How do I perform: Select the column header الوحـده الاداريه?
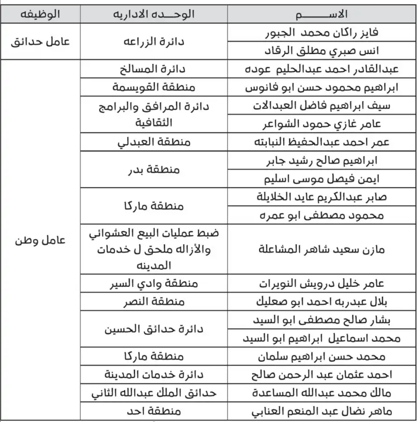(x=154, y=14)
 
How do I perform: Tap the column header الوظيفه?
(x=41, y=14)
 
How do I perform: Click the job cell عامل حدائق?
(x=41, y=41)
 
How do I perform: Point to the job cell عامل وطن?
(x=41, y=241)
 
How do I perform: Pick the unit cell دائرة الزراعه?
(x=154, y=41)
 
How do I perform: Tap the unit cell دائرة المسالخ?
(x=154, y=69)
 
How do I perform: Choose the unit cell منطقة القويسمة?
(x=154, y=87)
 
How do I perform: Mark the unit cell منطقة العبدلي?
(x=154, y=142)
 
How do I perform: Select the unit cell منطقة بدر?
(x=154, y=170)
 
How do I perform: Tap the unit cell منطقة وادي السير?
(x=154, y=284)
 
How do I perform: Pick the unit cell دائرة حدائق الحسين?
(x=154, y=329)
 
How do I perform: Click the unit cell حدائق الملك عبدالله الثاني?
(x=154, y=393)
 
